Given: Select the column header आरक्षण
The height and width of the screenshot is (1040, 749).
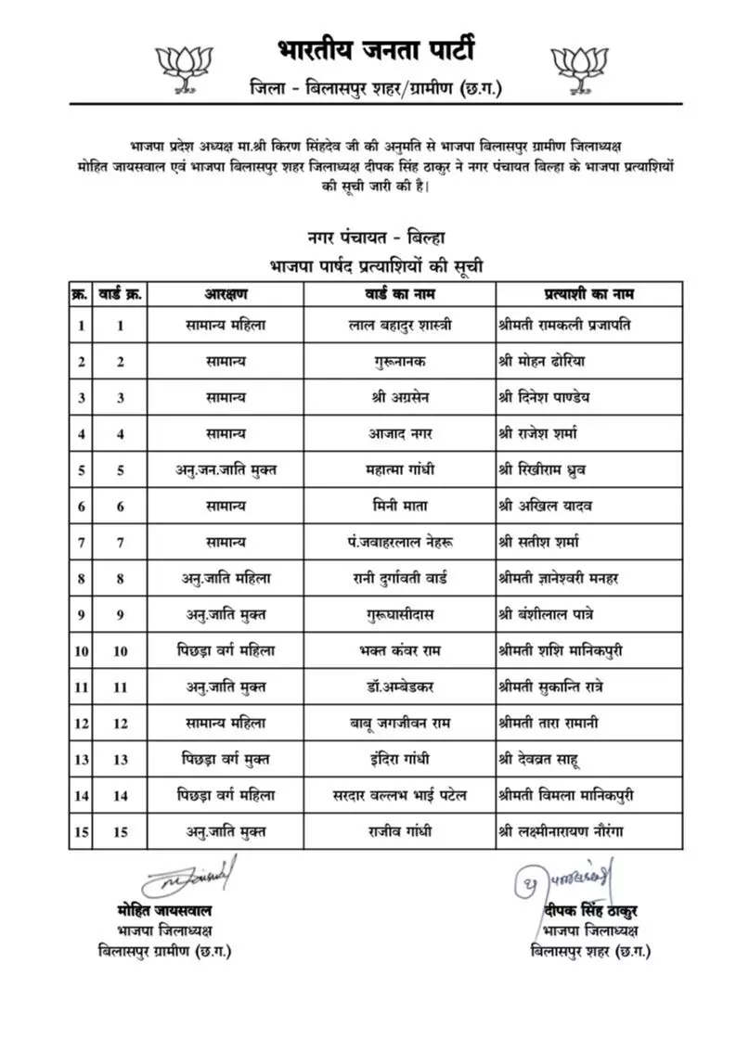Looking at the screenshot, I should point(226,294).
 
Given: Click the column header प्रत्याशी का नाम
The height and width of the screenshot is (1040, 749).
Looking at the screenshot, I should point(588,294).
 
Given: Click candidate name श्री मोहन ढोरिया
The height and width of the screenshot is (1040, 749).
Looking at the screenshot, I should point(554,361).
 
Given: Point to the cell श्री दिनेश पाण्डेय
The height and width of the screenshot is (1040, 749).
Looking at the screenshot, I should point(558,397).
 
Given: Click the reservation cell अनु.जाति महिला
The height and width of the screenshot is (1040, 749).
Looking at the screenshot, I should point(226,578).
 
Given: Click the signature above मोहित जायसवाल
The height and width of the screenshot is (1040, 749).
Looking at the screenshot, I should point(189,876).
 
